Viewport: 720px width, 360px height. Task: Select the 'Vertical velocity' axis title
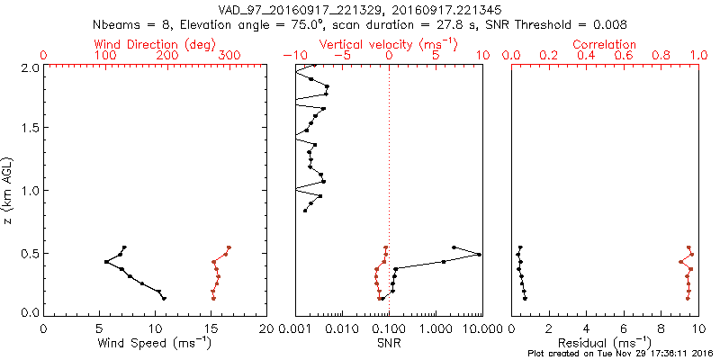click(x=389, y=44)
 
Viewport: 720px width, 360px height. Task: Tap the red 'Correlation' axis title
click(x=605, y=44)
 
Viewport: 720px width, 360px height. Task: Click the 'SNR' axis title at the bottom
click(x=389, y=343)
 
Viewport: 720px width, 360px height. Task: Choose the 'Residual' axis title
click(x=605, y=343)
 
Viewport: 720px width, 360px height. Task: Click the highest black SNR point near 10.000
click(x=480, y=255)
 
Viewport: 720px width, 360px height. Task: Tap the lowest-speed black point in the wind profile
click(x=106, y=262)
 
